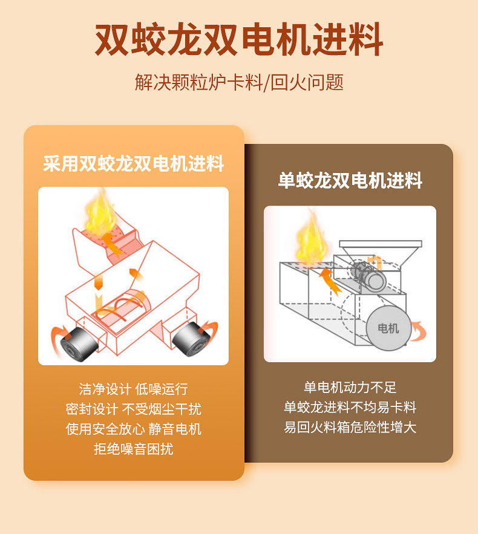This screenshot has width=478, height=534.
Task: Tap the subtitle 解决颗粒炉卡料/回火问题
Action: click(239, 82)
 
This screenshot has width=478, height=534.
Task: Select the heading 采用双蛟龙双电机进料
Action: click(134, 163)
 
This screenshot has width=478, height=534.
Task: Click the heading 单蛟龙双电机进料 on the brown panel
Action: click(350, 180)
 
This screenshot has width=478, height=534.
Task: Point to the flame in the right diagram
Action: click(310, 239)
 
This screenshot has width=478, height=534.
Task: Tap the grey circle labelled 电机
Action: click(387, 328)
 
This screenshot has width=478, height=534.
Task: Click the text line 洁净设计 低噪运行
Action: click(133, 389)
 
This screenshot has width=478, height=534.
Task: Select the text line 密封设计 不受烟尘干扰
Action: click(133, 409)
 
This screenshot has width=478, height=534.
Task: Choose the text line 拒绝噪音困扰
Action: click(133, 449)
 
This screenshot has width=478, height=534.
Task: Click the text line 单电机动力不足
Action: click(350, 388)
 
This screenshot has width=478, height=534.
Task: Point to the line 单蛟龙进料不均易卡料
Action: click(350, 408)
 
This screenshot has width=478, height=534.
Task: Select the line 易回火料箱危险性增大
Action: click(350, 428)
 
